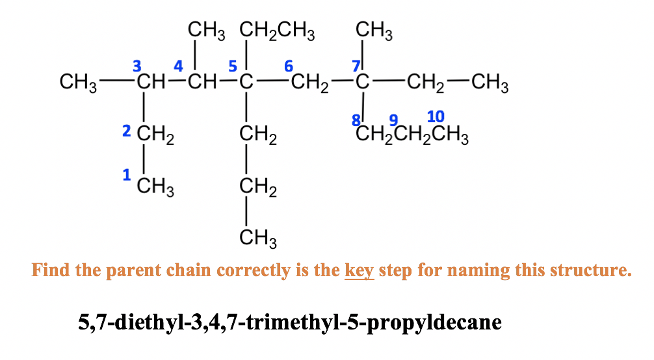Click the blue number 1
click(126, 175)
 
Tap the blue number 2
click(126, 131)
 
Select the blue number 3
click(137, 66)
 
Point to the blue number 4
click(178, 66)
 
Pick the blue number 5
click(233, 66)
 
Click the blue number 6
click(289, 66)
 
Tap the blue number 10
click(436, 117)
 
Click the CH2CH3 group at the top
click(277, 32)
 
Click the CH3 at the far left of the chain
click(78, 83)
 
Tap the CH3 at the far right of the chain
click(490, 83)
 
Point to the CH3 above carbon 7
click(374, 32)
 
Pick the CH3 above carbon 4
click(206, 32)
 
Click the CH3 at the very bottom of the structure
click(257, 238)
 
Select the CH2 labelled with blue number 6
click(309, 83)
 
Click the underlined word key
click(359, 271)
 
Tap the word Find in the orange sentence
click(51, 270)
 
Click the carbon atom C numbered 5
click(246, 82)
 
